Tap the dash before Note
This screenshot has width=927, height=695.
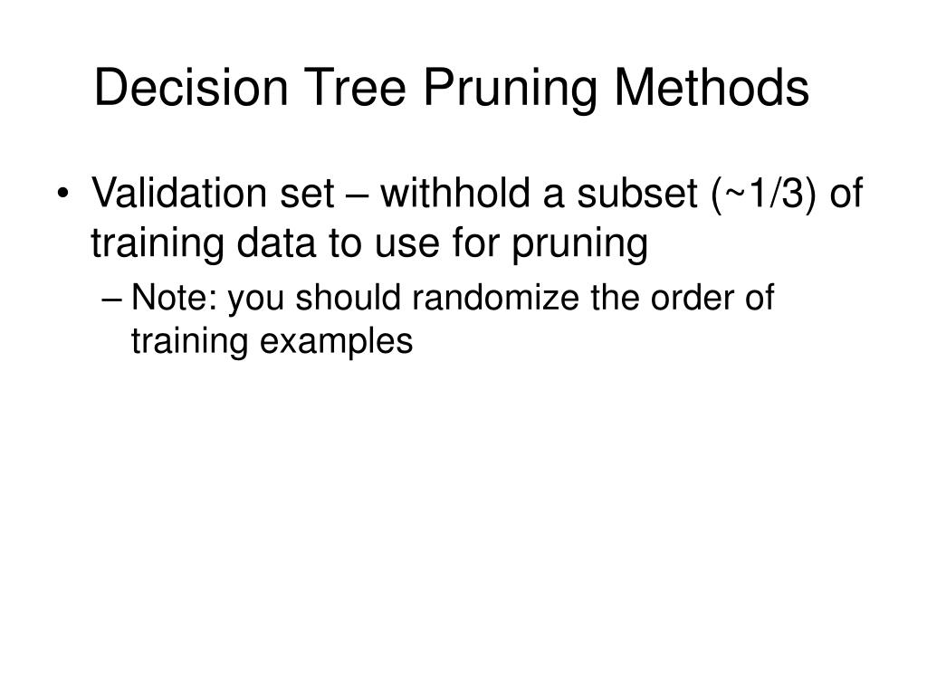[x=116, y=298]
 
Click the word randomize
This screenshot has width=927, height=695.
[x=492, y=298]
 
